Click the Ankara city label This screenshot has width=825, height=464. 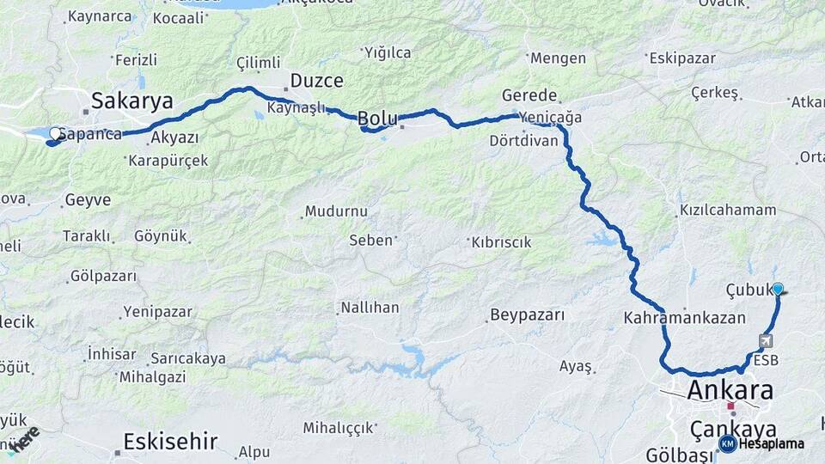pyautogui.click(x=730, y=391)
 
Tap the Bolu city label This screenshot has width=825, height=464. pyautogui.click(x=377, y=119)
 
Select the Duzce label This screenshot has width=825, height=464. pyautogui.click(x=317, y=82)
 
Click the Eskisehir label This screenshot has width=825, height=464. pyautogui.click(x=170, y=442)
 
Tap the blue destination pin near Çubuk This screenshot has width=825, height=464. pyautogui.click(x=778, y=290)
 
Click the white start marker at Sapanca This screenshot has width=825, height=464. pyautogui.click(x=55, y=134)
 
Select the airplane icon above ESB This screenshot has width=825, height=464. pyautogui.click(x=765, y=341)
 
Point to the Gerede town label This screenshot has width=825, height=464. pyautogui.click(x=529, y=95)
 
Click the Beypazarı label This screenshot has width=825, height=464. pyautogui.click(x=528, y=314)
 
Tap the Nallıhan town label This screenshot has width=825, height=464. pyautogui.click(x=370, y=307)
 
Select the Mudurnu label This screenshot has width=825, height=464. pyautogui.click(x=335, y=211)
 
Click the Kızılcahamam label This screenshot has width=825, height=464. pyautogui.click(x=727, y=210)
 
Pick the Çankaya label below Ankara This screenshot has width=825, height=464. pyautogui.click(x=733, y=428)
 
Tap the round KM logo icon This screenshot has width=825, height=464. pyautogui.click(x=727, y=443)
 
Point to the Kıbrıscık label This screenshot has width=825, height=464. pyautogui.click(x=501, y=242)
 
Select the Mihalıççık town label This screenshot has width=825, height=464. pyautogui.click(x=339, y=427)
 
